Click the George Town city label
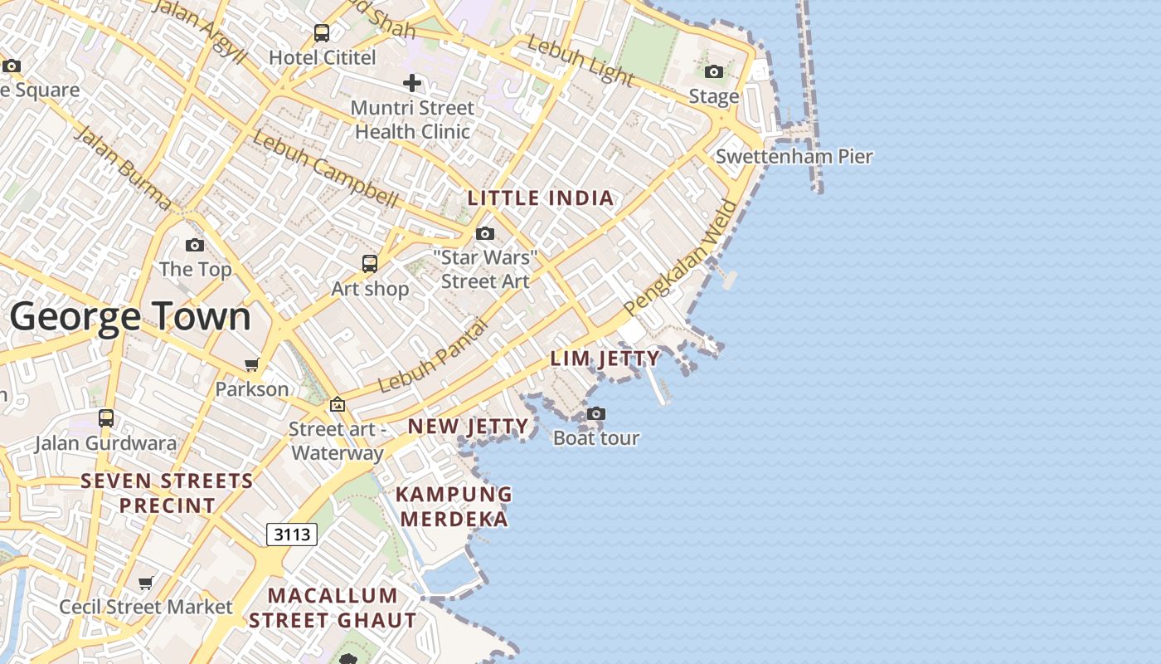pyautogui.click(x=130, y=317)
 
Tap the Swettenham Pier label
pyautogui.click(x=794, y=156)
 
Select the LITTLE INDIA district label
pyautogui.click(x=541, y=198)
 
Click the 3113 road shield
pyautogui.click(x=292, y=535)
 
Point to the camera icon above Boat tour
pyautogui.click(x=595, y=413)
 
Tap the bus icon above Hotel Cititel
pyautogui.click(x=322, y=33)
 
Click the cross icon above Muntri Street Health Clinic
pyautogui.click(x=412, y=83)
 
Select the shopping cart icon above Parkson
pyautogui.click(x=251, y=364)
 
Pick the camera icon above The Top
pyautogui.click(x=195, y=245)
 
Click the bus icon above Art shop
pyautogui.click(x=370, y=264)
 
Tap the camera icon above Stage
pyautogui.click(x=714, y=71)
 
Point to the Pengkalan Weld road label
pyautogui.click(x=681, y=257)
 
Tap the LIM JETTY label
pyautogui.click(x=605, y=359)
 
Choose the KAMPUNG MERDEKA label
pyautogui.click(x=453, y=506)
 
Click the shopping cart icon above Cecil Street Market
pyautogui.click(x=146, y=583)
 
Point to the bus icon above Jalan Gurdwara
pyautogui.click(x=106, y=417)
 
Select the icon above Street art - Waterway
pyautogui.click(x=338, y=405)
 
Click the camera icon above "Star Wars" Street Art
pyautogui.click(x=485, y=233)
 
